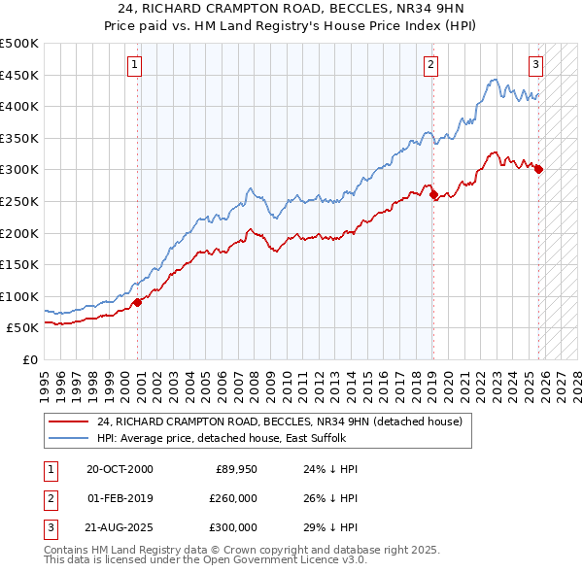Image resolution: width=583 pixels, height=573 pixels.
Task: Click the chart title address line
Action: [x=291, y=9]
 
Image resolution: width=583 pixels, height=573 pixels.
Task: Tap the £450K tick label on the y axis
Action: [x=19, y=75]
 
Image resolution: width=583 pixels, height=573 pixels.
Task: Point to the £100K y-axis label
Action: [x=19, y=296]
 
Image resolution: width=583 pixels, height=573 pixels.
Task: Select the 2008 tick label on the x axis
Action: [x=251, y=379]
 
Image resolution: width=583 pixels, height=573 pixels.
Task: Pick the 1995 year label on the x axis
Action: [x=45, y=379]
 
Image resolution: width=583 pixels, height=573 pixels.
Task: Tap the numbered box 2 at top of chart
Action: [x=429, y=65]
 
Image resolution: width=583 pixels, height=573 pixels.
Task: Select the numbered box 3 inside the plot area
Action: [x=535, y=65]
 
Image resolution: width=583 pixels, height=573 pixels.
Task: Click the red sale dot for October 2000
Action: [x=138, y=302]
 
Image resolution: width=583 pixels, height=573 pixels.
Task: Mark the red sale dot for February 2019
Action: [x=433, y=194]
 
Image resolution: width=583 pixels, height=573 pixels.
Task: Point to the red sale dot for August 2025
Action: [x=538, y=169]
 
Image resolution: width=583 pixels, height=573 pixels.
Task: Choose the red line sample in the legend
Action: [x=69, y=421]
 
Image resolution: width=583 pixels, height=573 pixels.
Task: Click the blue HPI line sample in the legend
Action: [x=69, y=438]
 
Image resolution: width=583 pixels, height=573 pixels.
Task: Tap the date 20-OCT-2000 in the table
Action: [x=120, y=469]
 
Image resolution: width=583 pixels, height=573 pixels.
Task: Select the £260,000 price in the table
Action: [x=234, y=498]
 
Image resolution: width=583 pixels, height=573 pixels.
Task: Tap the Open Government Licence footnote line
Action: [x=206, y=560]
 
